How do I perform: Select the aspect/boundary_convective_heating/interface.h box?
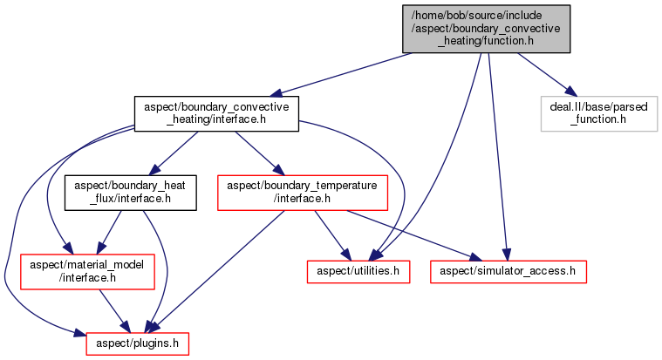click(x=216, y=113)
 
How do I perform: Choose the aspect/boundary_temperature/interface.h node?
click(x=302, y=193)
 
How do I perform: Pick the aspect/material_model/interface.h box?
click(x=86, y=271)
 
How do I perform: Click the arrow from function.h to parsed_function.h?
click(x=543, y=74)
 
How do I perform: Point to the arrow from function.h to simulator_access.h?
click(x=496, y=157)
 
